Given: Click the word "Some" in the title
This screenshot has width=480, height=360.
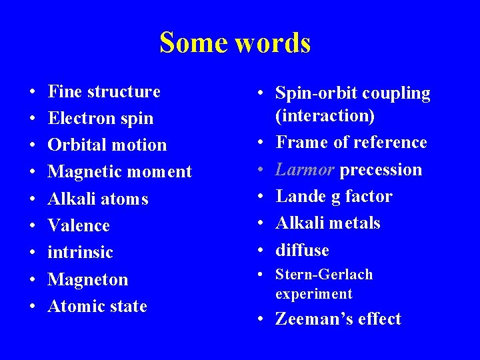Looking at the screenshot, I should [193, 43].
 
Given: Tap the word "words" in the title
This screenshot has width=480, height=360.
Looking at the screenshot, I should [273, 43].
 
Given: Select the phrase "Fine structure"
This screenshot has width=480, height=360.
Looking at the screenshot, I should [105, 91].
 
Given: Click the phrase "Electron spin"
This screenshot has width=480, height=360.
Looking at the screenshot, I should [101, 118].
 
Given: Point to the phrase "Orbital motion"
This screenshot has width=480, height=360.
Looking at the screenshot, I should [107, 145].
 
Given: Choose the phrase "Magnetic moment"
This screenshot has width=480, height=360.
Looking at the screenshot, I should [120, 171].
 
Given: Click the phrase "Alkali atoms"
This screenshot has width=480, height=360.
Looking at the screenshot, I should [98, 199].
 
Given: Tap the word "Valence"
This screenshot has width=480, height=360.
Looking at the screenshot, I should [79, 225].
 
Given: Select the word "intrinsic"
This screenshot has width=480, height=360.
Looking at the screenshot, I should [81, 252].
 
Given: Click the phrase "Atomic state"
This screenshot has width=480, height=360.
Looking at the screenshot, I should [97, 306].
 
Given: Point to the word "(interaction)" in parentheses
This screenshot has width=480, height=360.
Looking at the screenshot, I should [325, 115].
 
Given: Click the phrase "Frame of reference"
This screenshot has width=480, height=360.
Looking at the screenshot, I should [351, 142].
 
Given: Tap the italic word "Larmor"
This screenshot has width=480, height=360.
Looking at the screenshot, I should [305, 169].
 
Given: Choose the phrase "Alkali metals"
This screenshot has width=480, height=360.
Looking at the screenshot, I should [328, 223].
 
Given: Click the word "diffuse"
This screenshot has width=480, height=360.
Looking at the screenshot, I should [302, 250].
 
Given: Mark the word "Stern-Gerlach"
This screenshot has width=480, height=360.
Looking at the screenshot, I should [324, 275].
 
